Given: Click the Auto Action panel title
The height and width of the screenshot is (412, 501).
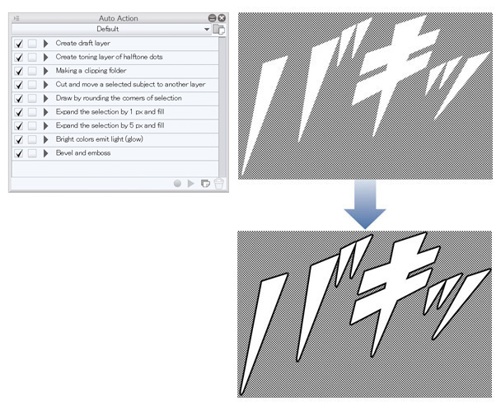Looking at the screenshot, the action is tap(118, 18).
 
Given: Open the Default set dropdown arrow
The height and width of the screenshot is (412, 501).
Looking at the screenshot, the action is tap(207, 29).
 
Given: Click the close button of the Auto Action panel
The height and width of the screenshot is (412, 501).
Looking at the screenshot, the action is tap(222, 18).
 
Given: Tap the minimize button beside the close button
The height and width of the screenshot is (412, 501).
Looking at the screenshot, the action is tap(212, 18).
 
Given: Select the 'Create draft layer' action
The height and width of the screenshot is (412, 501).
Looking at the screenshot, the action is tap(82, 43).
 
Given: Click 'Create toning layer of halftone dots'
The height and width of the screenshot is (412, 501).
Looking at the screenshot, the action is tap(109, 57).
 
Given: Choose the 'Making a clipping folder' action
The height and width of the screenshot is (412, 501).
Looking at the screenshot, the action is tap(91, 71).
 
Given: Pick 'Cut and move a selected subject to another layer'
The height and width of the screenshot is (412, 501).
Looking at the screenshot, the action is tap(130, 84).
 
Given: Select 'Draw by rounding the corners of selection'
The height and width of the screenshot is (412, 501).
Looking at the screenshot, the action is tap(119, 98).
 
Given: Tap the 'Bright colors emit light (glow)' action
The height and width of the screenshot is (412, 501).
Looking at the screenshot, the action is tap(100, 139).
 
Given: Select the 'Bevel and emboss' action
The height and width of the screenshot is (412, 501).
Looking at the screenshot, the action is tap(83, 152).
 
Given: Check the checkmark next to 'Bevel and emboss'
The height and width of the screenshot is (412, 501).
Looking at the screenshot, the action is tap(19, 153).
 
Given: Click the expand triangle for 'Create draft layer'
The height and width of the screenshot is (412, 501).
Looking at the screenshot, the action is tap(45, 44).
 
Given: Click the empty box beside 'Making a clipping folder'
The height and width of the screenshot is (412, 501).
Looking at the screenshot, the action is tap(32, 71).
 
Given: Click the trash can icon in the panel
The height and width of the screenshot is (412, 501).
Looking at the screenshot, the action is tap(219, 184).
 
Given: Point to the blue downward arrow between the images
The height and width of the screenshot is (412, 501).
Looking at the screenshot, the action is tap(365, 204).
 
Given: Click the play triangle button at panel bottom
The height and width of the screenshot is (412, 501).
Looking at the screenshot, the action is tap(190, 184).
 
